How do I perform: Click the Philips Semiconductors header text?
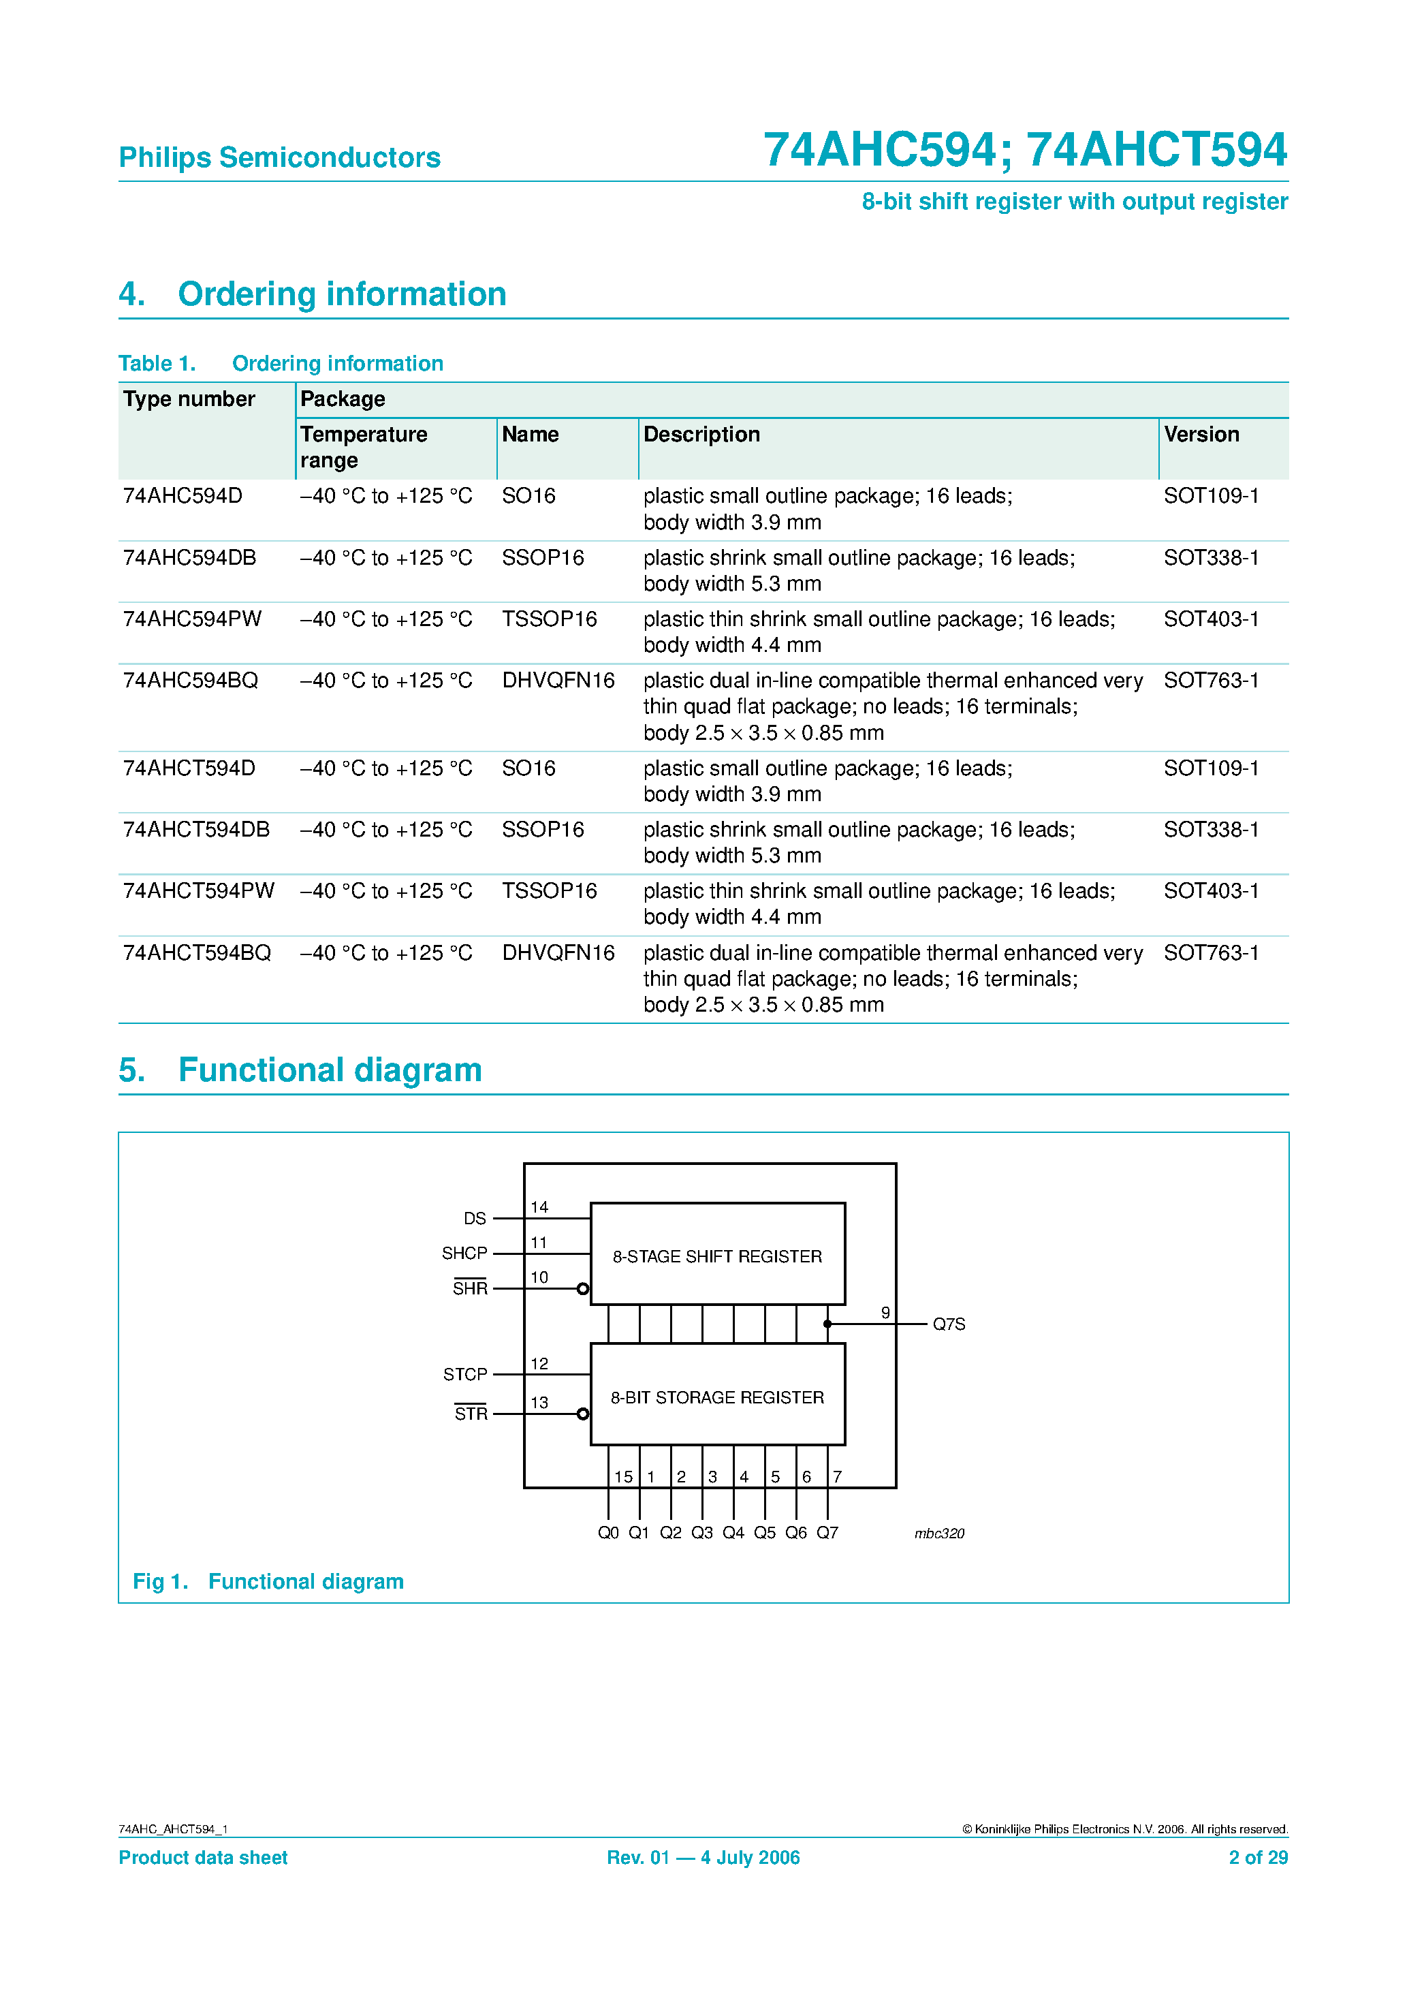click(279, 157)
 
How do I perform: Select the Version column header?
click(1201, 434)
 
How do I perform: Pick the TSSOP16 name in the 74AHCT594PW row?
click(549, 891)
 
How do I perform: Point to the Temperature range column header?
click(364, 446)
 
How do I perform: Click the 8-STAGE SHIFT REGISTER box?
click(716, 1256)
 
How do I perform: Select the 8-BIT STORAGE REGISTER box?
click(716, 1397)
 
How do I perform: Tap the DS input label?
click(475, 1218)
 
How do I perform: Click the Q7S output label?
click(948, 1324)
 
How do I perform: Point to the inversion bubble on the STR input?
click(583, 1414)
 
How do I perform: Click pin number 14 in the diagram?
click(539, 1207)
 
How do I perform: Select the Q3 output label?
click(701, 1533)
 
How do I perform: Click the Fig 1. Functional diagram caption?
click(268, 1582)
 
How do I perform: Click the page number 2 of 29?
click(1257, 1858)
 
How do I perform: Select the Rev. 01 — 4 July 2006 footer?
click(703, 1858)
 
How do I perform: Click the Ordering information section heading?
click(342, 294)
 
